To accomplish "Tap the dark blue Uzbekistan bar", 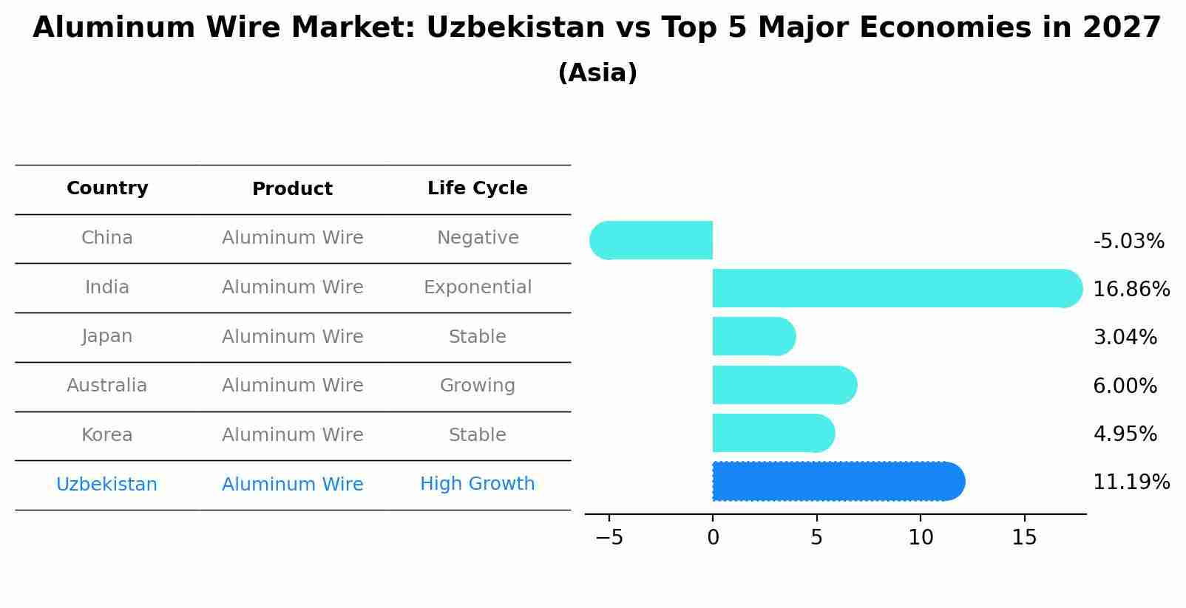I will click(x=836, y=481).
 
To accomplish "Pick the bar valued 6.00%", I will click(x=784, y=385).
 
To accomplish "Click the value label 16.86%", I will click(x=1131, y=289).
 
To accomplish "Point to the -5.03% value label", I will click(x=1128, y=241).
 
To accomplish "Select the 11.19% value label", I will click(x=1131, y=482).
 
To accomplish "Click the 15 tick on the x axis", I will click(x=1024, y=538).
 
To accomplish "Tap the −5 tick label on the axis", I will click(x=609, y=538).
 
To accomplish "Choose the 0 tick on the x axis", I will click(x=713, y=538).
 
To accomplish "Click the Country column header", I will click(x=107, y=188).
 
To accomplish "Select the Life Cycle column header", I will click(x=477, y=188).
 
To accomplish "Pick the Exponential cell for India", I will click(x=477, y=287).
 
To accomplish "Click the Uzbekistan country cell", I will click(x=106, y=485).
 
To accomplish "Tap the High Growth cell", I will click(x=477, y=484).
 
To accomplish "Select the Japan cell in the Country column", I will click(x=107, y=336).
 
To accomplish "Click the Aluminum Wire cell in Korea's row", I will click(x=292, y=435).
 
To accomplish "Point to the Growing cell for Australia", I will click(x=477, y=386).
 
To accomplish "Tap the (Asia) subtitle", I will click(x=597, y=73).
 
